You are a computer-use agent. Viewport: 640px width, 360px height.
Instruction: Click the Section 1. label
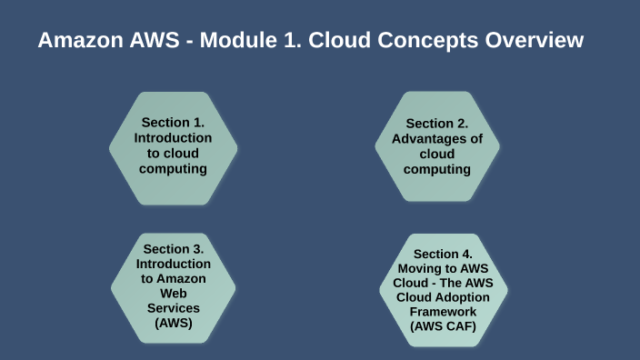tap(173, 122)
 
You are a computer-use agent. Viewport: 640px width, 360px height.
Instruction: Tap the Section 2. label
tap(436, 123)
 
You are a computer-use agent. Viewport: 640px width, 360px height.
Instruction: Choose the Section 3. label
tap(173, 248)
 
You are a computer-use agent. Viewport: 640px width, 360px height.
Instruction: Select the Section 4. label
tap(443, 254)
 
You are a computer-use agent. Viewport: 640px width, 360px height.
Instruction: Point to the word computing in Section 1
tap(173, 168)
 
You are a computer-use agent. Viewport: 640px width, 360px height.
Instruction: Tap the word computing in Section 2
tap(437, 169)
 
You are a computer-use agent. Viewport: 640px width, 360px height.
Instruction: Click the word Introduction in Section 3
tap(173, 264)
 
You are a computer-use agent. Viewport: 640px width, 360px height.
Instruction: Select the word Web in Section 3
tap(173, 294)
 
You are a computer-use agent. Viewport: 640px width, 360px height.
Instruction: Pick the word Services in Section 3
tap(173, 308)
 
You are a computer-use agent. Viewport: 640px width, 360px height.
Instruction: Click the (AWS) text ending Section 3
tap(173, 323)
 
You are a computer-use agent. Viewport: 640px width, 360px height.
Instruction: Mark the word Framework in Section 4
tap(443, 312)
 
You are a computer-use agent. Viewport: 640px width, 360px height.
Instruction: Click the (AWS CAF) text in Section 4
tap(443, 326)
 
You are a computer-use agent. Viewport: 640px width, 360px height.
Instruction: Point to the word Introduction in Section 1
tap(173, 137)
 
